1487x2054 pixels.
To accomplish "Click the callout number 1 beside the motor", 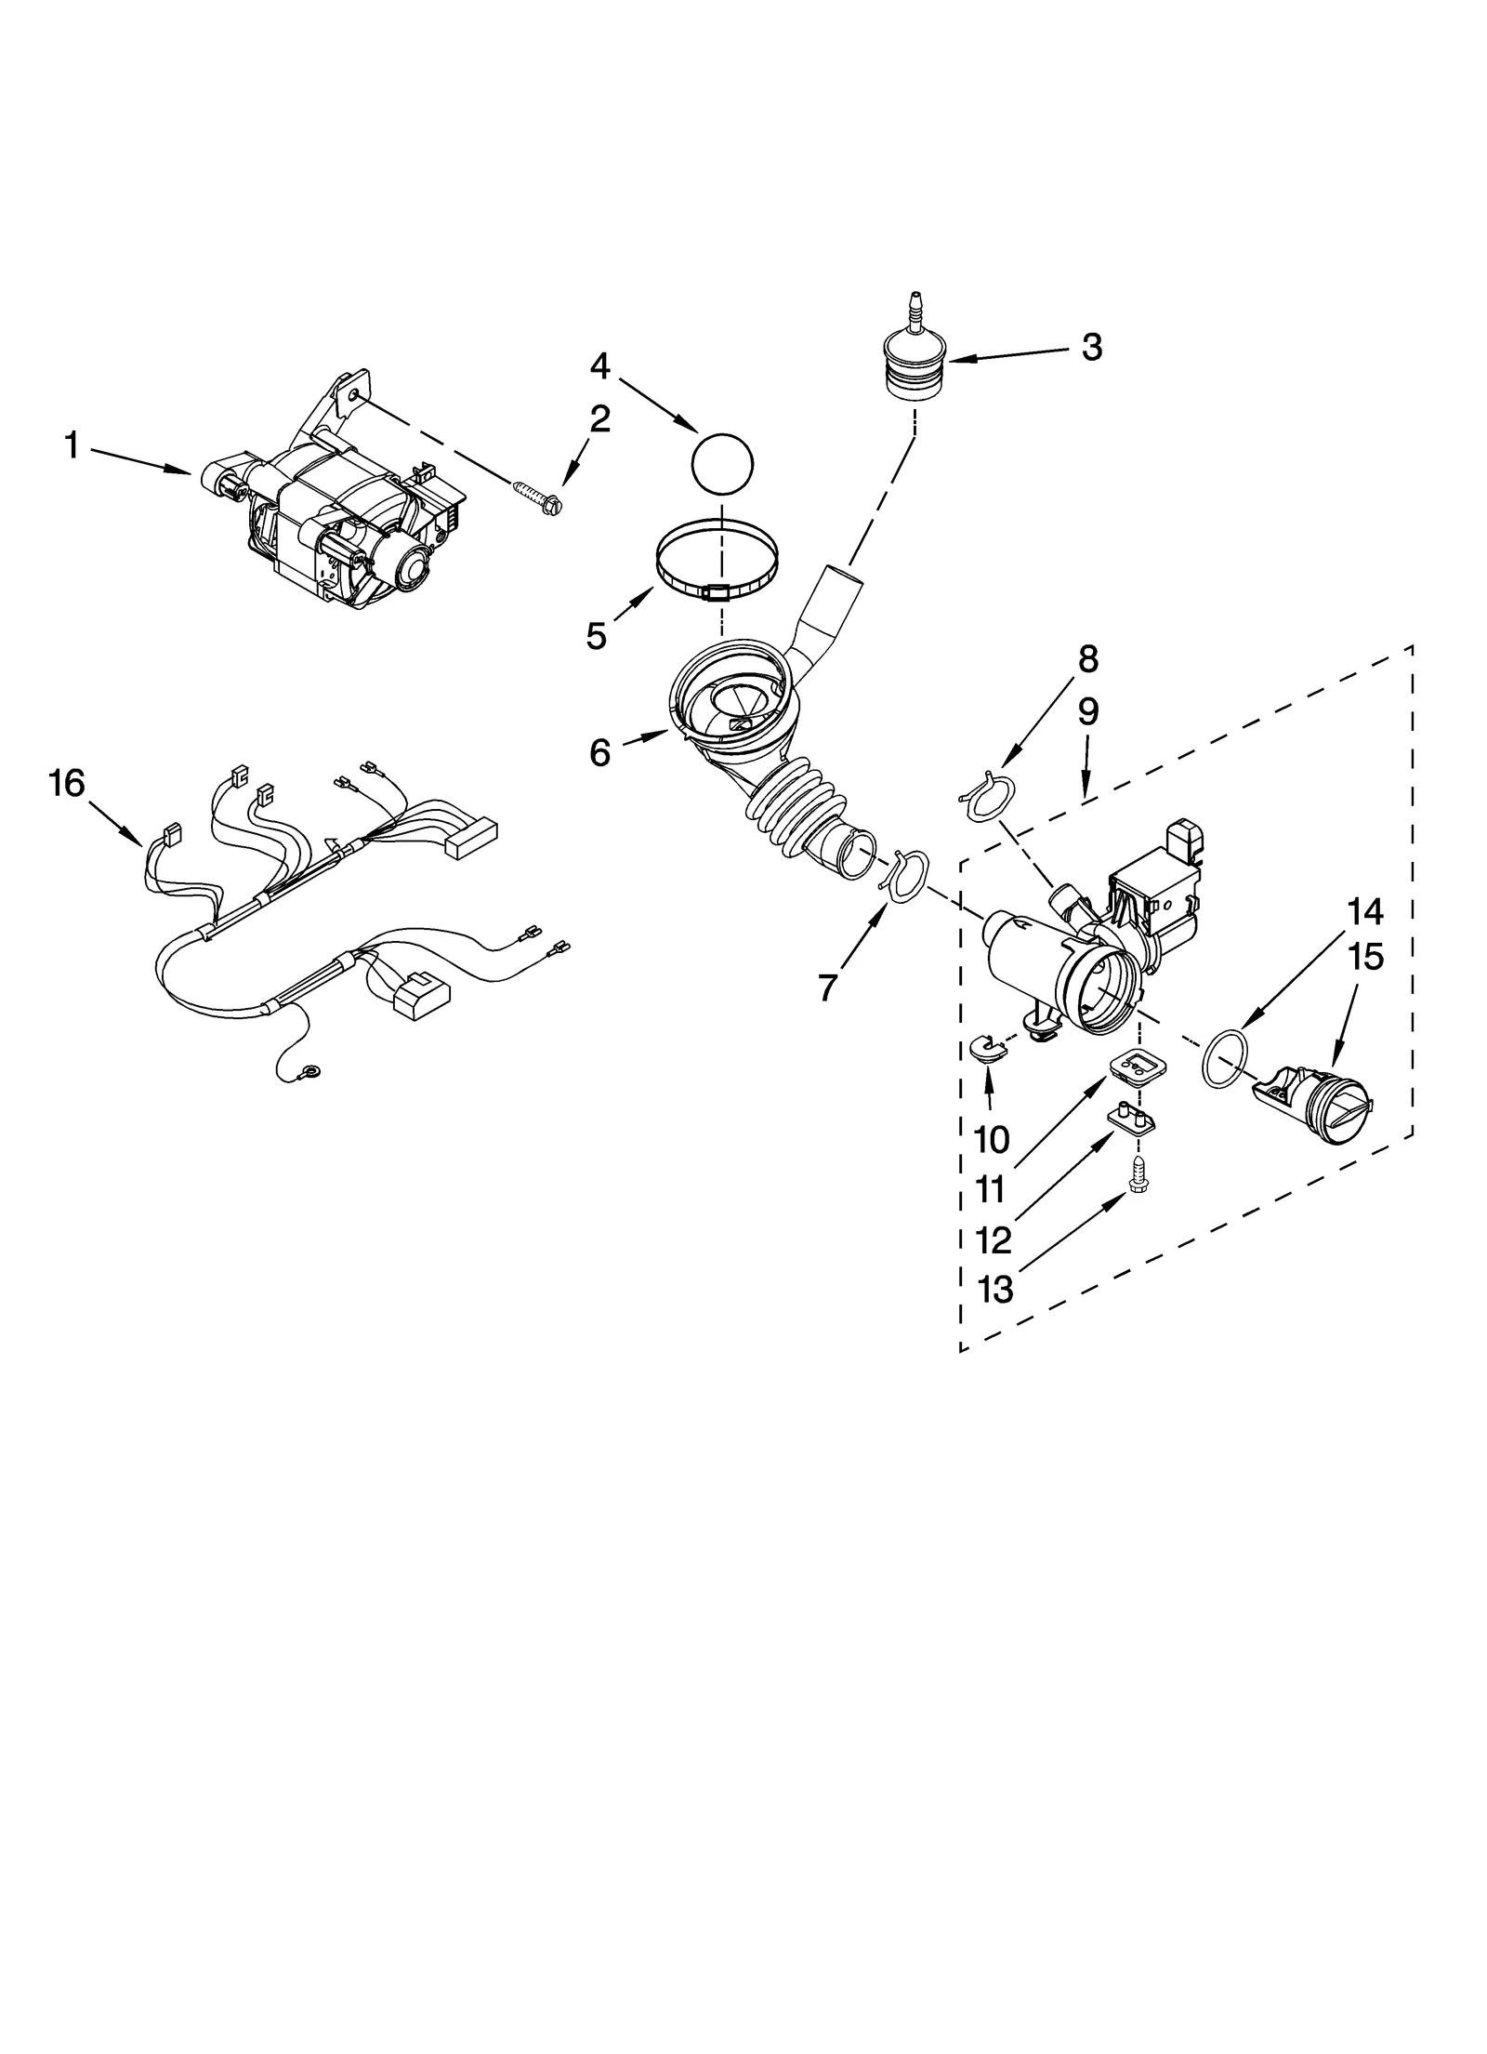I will click(x=72, y=445).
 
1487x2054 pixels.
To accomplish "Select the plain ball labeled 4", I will click(x=722, y=461).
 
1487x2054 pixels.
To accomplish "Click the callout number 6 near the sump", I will click(x=599, y=752).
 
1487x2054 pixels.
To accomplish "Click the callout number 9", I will click(x=1087, y=711).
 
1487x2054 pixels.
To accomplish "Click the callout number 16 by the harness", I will click(x=67, y=784).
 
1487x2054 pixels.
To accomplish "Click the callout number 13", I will click(x=995, y=1289).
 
